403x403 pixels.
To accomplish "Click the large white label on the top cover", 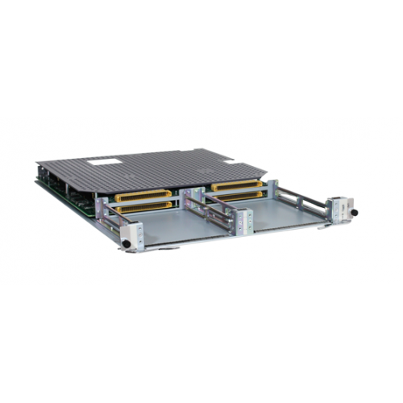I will point(102,162).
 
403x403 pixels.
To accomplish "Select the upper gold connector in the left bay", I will point(143,196).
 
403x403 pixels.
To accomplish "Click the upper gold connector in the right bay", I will point(237,185).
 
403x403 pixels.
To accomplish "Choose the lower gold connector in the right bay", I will point(239,196).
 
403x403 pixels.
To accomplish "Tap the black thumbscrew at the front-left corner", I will point(125,243).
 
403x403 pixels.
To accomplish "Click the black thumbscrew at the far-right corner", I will point(354,212).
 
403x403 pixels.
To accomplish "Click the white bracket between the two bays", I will point(242,218).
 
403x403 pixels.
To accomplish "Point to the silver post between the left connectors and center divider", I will point(183,200).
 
